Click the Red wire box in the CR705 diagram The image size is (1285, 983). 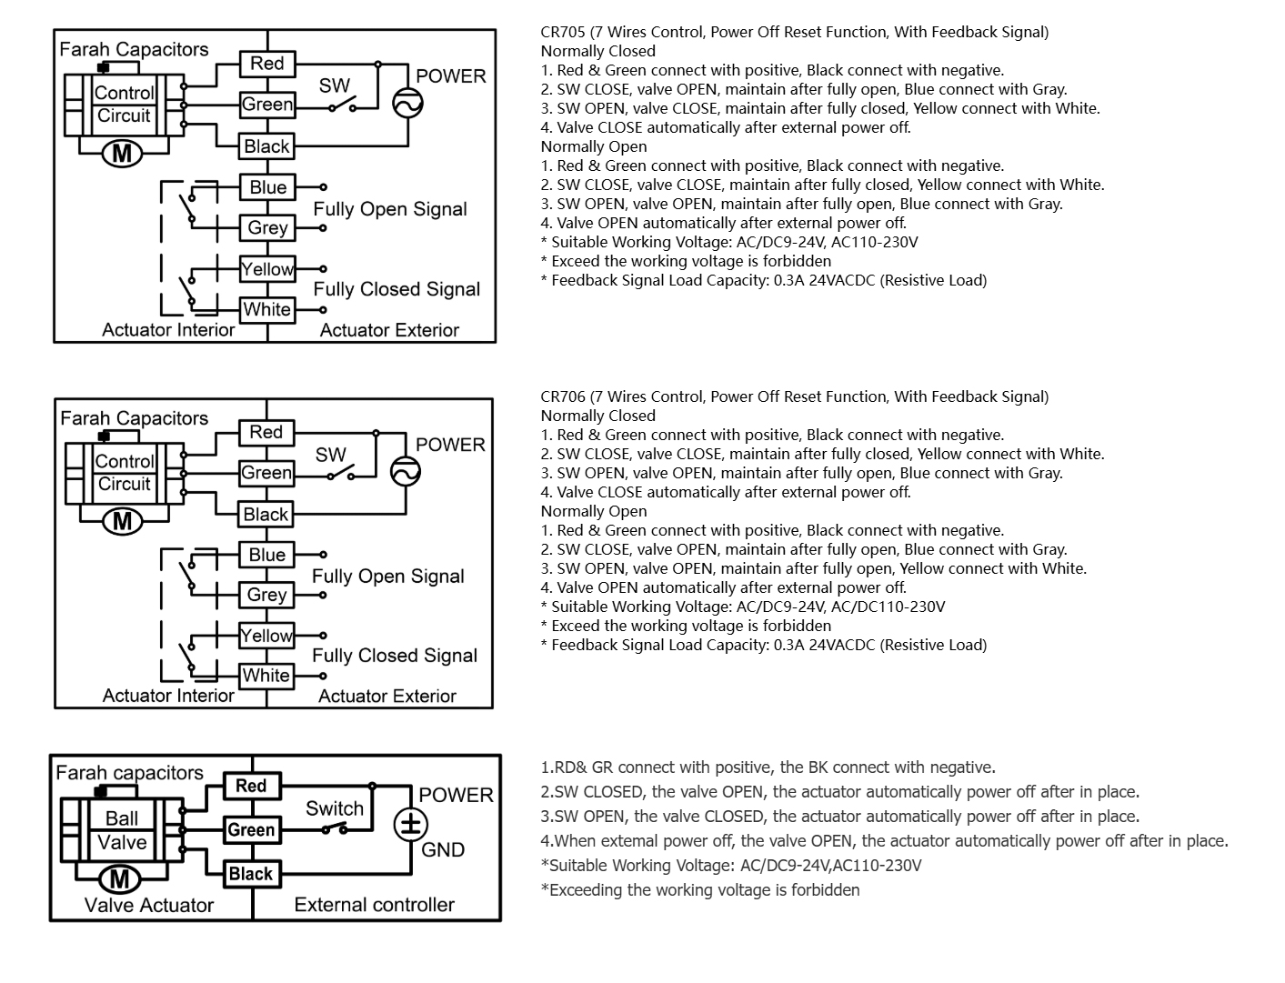point(267,64)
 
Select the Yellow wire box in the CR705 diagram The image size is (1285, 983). point(267,269)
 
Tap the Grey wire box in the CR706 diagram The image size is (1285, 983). point(266,595)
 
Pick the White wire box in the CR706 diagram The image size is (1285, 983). point(266,676)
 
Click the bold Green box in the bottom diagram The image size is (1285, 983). point(251,830)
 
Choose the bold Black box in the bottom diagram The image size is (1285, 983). point(251,874)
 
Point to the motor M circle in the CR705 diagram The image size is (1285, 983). point(122,153)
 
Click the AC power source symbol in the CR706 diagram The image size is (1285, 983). point(406,472)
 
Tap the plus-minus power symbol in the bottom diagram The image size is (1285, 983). point(410,825)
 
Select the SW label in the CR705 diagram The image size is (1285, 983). point(334,85)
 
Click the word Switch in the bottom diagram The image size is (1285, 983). point(335,808)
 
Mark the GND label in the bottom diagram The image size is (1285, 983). point(443,850)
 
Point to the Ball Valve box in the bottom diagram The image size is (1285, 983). point(122,830)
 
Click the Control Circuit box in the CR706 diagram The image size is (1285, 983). point(125,473)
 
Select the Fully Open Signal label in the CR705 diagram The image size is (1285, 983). point(390,209)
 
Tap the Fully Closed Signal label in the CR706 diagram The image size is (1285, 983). point(395,656)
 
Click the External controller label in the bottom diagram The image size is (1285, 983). point(374,905)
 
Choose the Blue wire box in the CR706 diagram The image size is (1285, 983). point(266,555)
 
